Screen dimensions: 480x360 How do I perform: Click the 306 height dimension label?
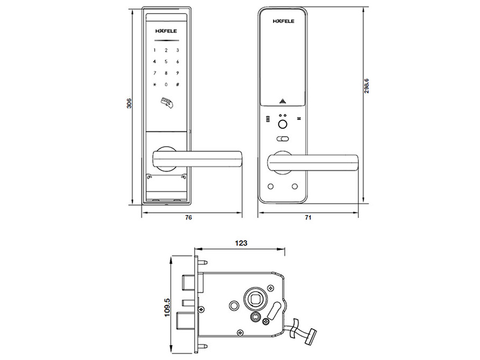pos(130,103)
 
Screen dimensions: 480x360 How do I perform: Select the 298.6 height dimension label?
pos(367,86)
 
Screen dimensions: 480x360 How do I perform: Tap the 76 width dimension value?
pos(189,218)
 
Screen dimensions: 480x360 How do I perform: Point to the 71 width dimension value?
pos(308,218)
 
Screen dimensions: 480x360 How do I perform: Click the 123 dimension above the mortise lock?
pos(241,243)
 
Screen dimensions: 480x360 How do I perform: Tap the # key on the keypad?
pos(178,84)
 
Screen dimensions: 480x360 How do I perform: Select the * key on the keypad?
pos(155,84)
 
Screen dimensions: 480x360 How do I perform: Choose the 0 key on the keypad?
pos(166,84)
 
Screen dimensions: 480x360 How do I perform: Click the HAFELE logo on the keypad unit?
pos(166,31)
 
